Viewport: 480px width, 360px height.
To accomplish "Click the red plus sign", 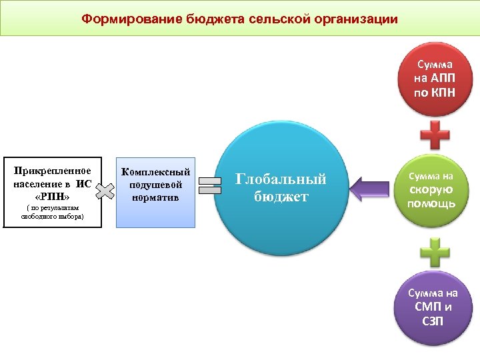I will [435, 135].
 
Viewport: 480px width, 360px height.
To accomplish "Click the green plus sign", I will [435, 254].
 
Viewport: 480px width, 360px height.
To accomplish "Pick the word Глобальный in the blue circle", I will [281, 179].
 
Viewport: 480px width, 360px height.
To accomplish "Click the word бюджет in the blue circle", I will [281, 196].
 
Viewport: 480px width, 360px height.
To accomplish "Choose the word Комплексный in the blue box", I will [155, 172].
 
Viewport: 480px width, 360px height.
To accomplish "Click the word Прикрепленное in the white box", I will [53, 171].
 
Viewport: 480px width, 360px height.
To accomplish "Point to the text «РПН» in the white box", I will [51, 197].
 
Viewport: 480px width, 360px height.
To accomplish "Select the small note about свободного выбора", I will [52, 213].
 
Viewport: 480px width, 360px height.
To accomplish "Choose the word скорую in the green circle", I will [431, 189].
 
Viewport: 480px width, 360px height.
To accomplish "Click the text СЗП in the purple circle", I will [433, 321].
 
